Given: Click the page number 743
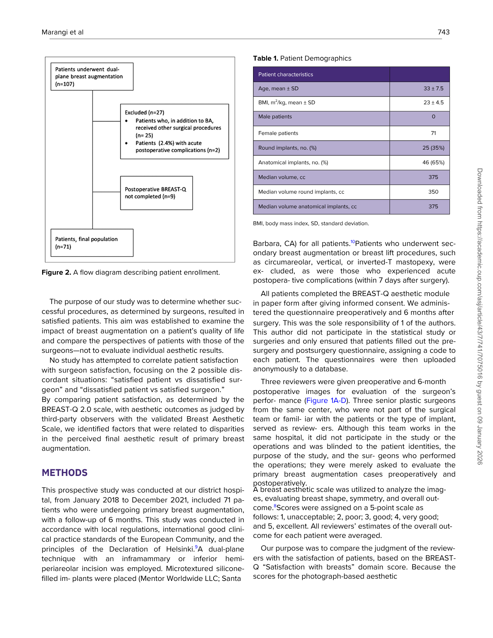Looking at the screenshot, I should tap(443, 32).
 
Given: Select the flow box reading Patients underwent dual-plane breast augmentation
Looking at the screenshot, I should tap(92, 77).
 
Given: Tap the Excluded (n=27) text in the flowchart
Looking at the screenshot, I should tap(144, 113).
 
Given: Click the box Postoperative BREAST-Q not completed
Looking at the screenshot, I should tap(156, 193).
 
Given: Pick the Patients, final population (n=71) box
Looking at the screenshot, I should tap(92, 243).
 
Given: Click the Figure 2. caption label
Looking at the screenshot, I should tap(56, 272).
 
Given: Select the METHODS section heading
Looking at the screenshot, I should tap(64, 473).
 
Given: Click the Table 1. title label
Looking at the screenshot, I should tap(265, 58).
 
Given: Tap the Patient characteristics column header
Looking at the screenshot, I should tap(286, 75).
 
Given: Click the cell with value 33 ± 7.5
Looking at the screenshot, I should tap(433, 89).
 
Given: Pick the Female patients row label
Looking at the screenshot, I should tap(278, 133).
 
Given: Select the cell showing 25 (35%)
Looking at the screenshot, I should tap(433, 148).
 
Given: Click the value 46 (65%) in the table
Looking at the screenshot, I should tap(433, 163).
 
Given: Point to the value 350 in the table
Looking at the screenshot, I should tap(433, 192).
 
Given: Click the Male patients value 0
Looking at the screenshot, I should tap(433, 117).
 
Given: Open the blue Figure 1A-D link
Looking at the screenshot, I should tap(326, 401).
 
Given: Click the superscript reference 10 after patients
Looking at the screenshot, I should tap(353, 242).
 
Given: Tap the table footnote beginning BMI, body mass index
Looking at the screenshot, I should tap(311, 224).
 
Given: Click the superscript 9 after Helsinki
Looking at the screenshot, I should tap(196, 547).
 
